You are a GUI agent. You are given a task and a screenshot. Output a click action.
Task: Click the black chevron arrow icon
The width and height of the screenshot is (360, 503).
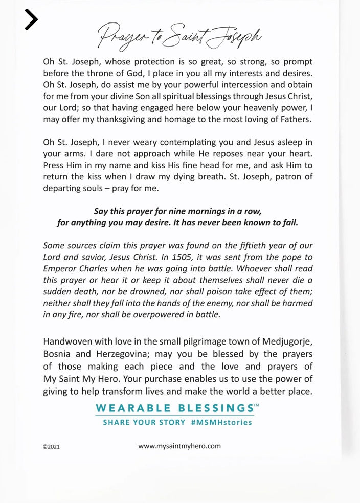click(31, 20)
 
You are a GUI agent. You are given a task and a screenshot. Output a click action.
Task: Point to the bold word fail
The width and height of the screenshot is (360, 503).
click(288, 222)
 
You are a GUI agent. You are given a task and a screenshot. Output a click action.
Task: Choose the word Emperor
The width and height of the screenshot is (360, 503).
click(61, 268)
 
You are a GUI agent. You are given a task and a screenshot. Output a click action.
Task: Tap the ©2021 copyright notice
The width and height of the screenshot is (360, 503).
click(51, 446)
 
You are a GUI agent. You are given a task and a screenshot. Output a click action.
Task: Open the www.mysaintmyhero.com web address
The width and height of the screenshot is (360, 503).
click(179, 446)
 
